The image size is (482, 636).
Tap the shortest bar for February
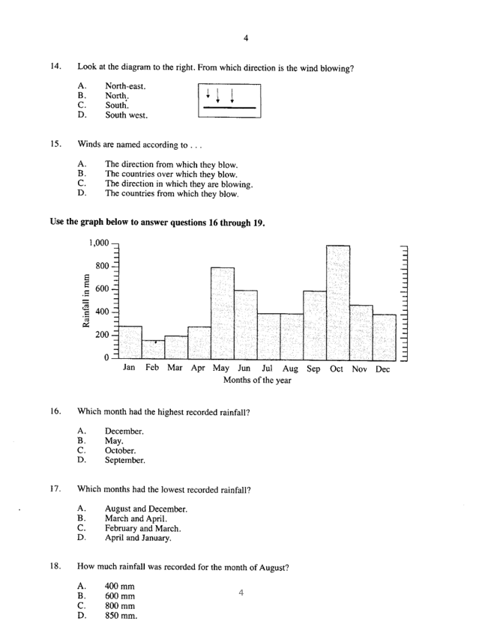coord(154,349)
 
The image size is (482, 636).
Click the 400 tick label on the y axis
coord(100,312)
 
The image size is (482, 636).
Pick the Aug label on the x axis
coord(291,369)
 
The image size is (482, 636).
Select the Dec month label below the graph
coord(383,369)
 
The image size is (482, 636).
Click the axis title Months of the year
coord(257,381)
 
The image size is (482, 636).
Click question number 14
coord(56,67)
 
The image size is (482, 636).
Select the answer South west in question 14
coord(126,115)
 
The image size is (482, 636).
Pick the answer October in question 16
coord(120,451)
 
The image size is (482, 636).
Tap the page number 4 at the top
coord(245,38)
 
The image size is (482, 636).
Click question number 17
coord(56,490)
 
